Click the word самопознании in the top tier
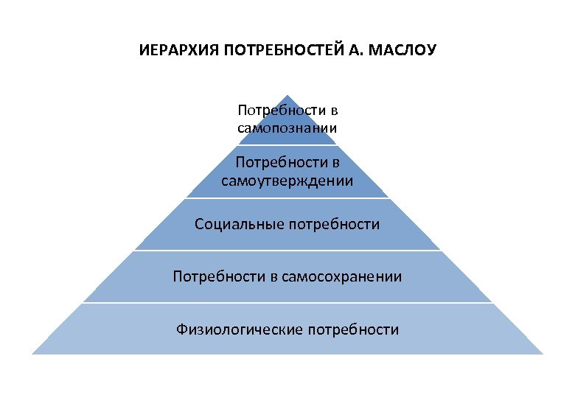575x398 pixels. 287,128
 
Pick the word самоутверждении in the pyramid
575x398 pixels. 287,181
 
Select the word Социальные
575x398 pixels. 231,224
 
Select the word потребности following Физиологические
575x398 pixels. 355,329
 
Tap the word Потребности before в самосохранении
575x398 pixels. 215,276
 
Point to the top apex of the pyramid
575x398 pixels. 287,94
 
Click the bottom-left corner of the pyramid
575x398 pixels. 32,354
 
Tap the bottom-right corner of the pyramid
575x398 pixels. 543,354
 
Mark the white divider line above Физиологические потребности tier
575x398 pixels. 287,302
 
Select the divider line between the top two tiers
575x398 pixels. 287,146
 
